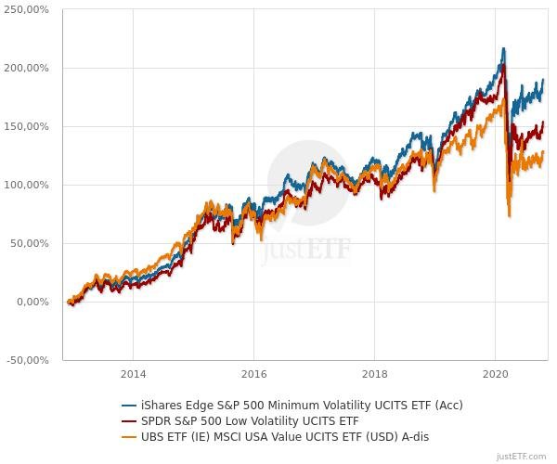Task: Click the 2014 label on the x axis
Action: pyautogui.click(x=133, y=374)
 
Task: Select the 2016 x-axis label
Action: pyautogui.click(x=253, y=374)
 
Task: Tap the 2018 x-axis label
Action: pyautogui.click(x=374, y=374)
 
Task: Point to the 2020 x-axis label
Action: pyautogui.click(x=495, y=374)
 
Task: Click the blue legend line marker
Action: pyautogui.click(x=130, y=406)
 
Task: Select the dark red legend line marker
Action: pyautogui.click(x=130, y=420)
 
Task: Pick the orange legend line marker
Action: pyautogui.click(x=130, y=436)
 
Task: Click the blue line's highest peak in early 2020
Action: pyautogui.click(x=503, y=48)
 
